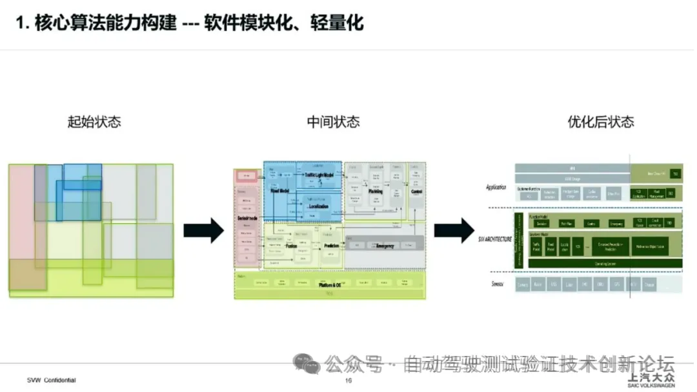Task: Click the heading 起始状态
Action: tap(94, 121)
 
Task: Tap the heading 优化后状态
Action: tap(601, 121)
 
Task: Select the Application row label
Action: tap(496, 188)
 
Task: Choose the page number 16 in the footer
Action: tap(348, 380)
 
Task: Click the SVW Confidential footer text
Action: tap(51, 380)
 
